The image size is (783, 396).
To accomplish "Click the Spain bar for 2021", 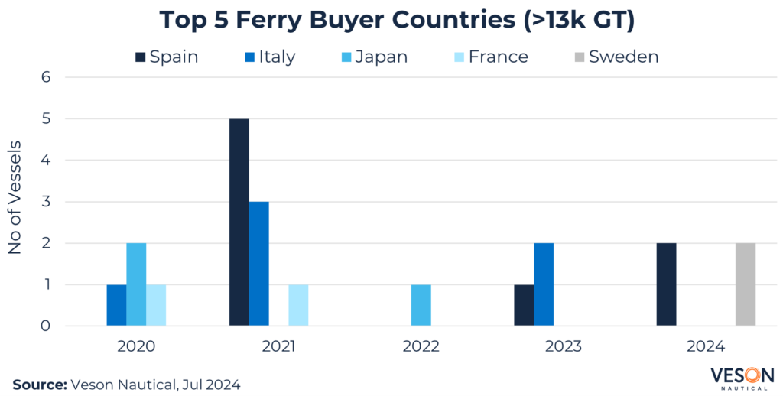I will point(239,222).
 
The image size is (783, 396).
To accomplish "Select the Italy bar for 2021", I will point(258,264).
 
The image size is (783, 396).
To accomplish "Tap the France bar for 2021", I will point(298,305).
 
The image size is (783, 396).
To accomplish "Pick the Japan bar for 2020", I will point(136,284).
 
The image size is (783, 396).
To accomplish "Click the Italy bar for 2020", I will point(116,305).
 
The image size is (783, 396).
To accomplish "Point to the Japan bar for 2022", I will point(421,305).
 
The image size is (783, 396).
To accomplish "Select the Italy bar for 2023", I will point(543,284).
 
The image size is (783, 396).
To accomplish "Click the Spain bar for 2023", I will point(524,305).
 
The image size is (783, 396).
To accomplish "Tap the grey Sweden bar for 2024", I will point(745,284).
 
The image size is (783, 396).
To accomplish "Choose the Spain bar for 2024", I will point(666,284).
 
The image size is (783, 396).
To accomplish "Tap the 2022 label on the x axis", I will point(421,346).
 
